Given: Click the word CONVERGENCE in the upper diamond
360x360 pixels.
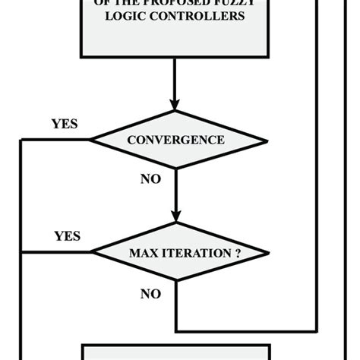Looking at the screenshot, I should point(175,140).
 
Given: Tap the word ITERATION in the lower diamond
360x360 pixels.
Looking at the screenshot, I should point(194,253).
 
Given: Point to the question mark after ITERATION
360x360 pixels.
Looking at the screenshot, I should point(237,253).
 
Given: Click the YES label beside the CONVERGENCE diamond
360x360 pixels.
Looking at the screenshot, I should point(65,123).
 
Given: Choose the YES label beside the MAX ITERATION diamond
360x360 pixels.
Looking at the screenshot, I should point(67,236).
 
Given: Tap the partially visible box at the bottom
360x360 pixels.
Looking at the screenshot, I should point(175,352).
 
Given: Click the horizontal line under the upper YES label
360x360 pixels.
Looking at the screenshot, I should point(55,140).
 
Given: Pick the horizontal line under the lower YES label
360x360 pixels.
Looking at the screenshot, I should point(55,252).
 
